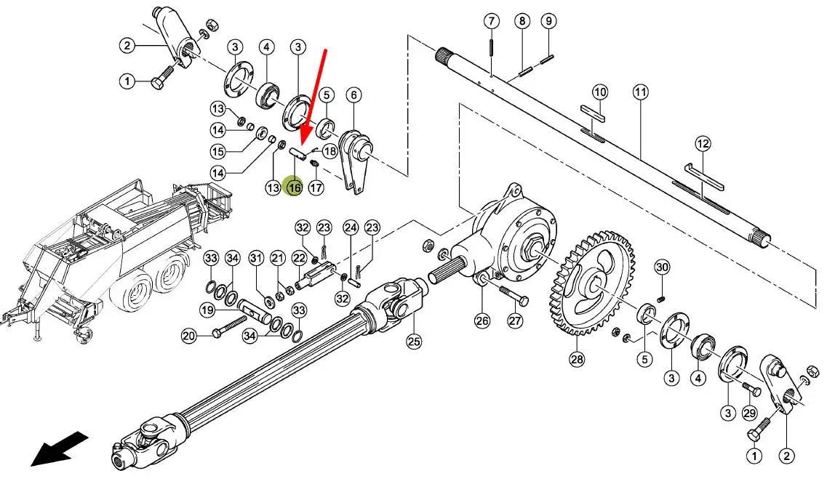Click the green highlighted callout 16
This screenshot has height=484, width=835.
[294, 187]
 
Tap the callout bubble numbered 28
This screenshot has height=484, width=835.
[578, 359]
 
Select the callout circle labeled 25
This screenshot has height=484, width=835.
[414, 341]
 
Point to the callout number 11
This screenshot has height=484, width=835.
[641, 92]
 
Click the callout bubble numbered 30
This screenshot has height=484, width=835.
[662, 267]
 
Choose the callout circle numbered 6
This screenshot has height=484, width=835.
[353, 95]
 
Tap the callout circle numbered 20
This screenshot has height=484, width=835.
[189, 336]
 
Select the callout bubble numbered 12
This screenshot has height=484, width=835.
[703, 144]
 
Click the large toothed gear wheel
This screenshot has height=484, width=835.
[592, 283]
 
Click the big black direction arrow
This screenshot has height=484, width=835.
[59, 448]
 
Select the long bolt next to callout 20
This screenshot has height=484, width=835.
[230, 326]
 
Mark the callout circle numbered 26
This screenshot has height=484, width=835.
[482, 320]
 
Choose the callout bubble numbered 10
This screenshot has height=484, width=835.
[600, 92]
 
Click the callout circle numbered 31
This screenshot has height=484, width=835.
[257, 259]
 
